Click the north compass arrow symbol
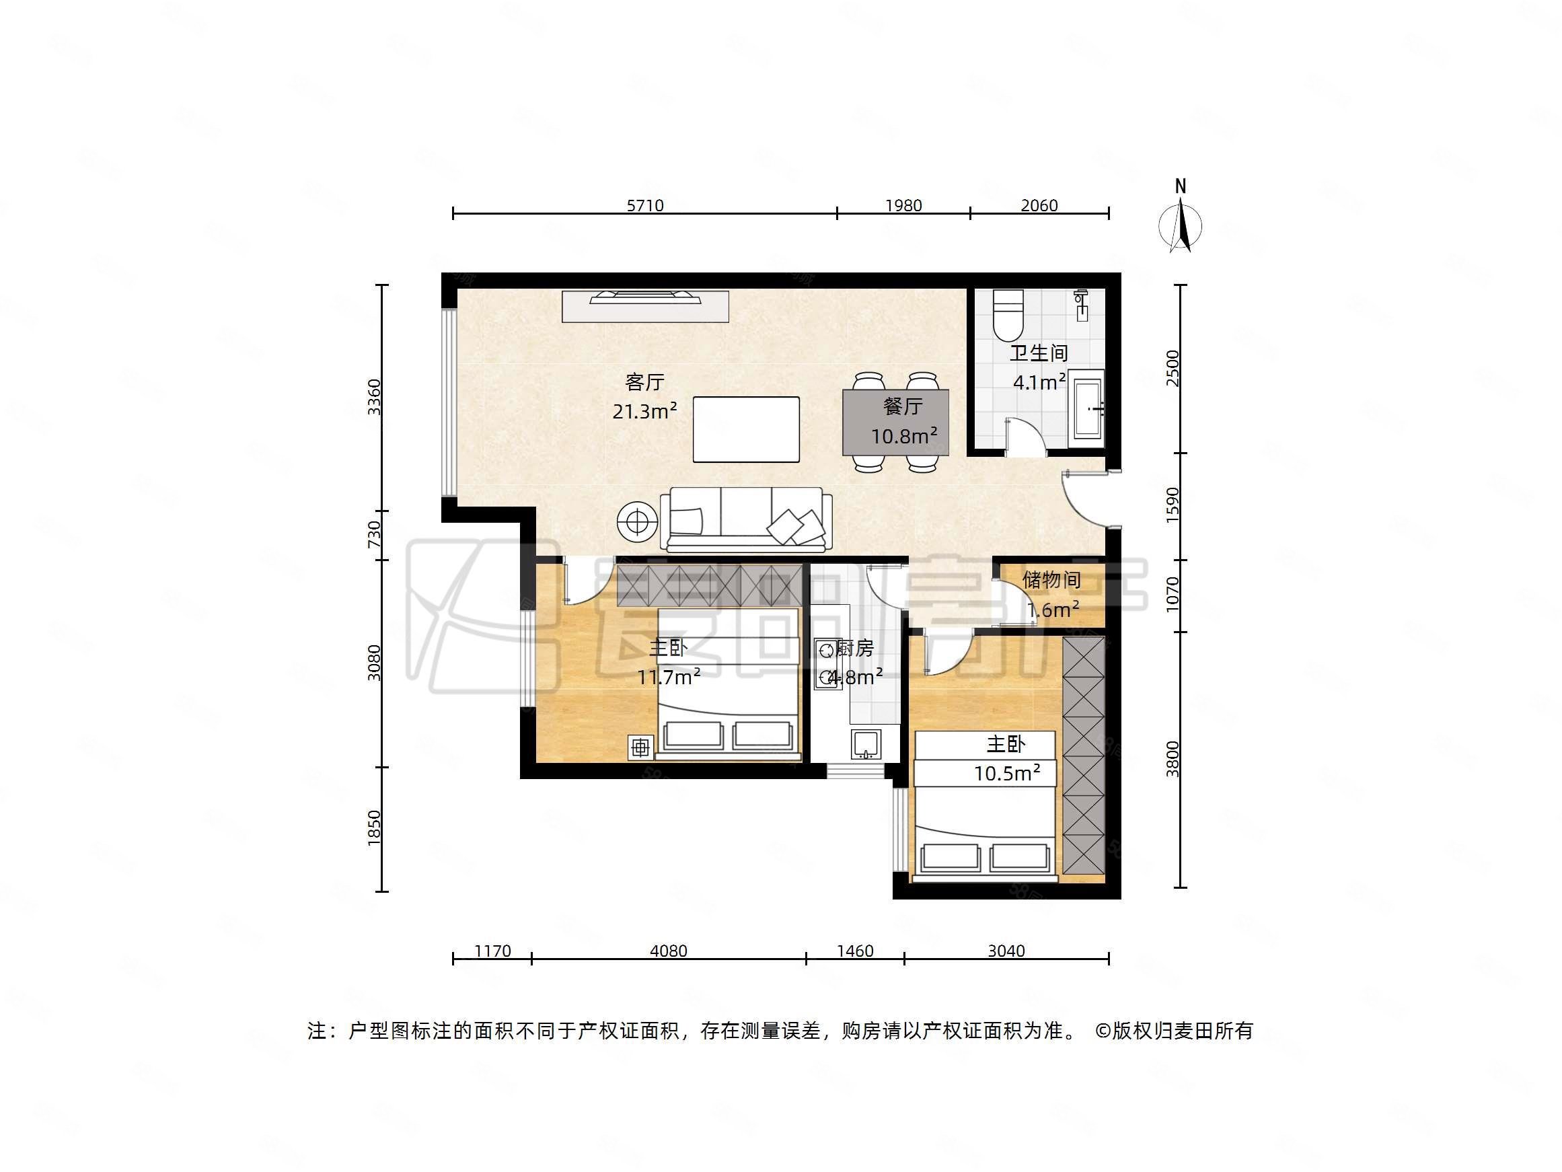[1180, 225]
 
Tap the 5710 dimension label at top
[644, 206]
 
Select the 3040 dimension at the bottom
[1006, 951]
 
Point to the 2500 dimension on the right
[1173, 367]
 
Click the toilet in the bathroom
[1007, 315]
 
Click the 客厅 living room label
[644, 382]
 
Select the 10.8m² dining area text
[903, 436]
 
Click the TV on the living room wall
[644, 297]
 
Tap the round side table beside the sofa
[638, 522]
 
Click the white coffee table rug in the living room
[746, 429]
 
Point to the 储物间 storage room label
[1051, 580]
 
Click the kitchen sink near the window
[866, 745]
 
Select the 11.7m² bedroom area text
[669, 677]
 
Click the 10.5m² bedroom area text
[1006, 773]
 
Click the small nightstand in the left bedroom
[640, 747]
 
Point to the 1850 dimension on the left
[374, 827]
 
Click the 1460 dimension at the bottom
[854, 951]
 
